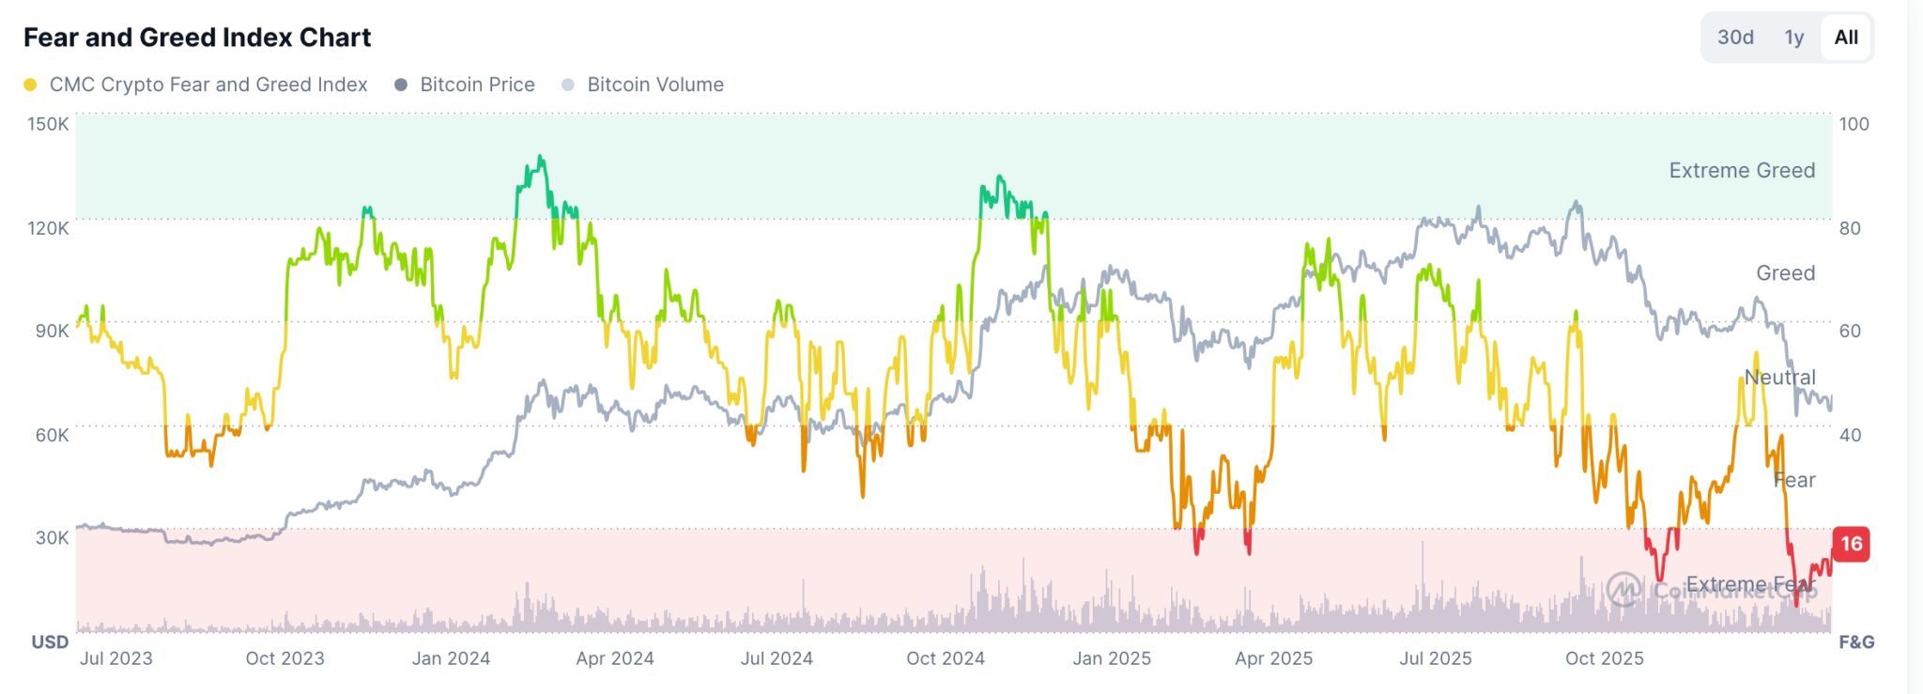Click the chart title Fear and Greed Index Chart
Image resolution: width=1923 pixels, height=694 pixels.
197,38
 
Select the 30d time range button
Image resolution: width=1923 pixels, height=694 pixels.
1735,38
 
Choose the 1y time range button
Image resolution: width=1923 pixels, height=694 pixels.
1793,38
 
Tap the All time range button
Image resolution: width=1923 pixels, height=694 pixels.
1845,38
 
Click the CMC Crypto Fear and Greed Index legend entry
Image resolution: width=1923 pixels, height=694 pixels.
208,85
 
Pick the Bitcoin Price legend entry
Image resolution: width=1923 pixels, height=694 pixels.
477,85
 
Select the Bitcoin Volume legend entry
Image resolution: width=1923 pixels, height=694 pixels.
654,85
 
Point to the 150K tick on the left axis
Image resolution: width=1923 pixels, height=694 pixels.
48,124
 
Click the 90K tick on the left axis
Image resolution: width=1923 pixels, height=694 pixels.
52,331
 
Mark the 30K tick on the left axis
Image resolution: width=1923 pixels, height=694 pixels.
52,538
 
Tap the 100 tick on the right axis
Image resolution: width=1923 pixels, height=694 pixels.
1854,124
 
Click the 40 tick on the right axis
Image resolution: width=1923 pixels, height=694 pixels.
1850,435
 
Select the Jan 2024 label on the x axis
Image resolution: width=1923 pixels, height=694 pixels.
451,658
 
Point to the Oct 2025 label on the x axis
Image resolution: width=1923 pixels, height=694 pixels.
1604,658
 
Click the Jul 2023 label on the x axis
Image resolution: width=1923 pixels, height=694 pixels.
116,658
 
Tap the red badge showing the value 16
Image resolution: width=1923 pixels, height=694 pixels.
1851,544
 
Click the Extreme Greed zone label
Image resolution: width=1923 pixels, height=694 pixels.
1742,170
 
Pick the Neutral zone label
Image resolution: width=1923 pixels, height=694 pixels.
1779,378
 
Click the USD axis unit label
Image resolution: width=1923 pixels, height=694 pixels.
51,642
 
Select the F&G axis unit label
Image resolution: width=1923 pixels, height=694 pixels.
1856,642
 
